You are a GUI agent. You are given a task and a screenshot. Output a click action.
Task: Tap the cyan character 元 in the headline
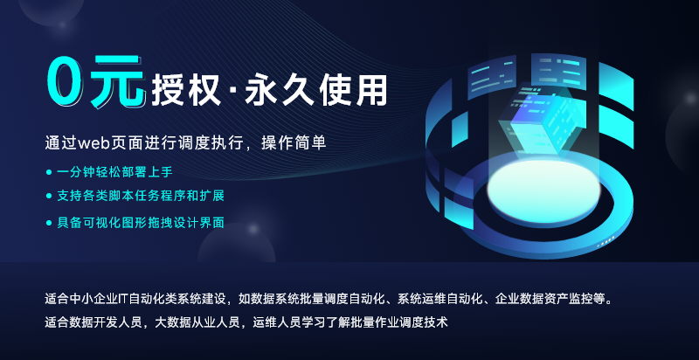pos(117,82)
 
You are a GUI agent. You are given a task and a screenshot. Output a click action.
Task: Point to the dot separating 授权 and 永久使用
pos(233,91)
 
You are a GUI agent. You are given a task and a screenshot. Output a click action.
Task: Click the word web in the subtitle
pos(91,143)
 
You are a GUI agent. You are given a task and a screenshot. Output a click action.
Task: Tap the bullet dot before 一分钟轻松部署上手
pos(49,172)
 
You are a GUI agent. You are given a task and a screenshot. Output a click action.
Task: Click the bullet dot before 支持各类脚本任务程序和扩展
pos(49,196)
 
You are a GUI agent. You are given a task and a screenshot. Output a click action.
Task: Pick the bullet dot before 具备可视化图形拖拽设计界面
pos(49,223)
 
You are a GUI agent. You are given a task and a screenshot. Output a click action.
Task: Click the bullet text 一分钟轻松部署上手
pos(114,172)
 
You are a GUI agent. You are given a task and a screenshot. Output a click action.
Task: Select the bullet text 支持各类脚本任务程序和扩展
pos(141,196)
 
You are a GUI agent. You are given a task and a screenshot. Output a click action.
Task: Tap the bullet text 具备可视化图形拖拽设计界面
pos(141,223)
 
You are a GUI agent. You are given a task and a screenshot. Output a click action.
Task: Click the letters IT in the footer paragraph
pos(123,299)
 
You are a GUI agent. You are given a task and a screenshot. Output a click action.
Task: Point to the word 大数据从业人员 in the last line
pos(194,322)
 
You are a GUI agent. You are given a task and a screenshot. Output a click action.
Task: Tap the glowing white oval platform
pos(543,190)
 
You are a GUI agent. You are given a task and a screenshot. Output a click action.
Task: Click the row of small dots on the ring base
pos(606,242)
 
